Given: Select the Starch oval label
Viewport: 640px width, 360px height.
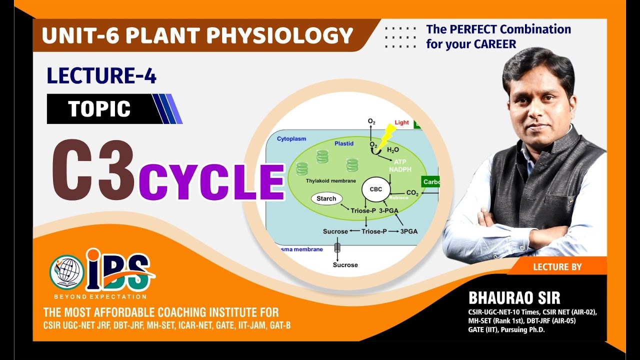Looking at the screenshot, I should [x=326, y=198].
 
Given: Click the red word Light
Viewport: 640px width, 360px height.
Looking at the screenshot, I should [x=401, y=122].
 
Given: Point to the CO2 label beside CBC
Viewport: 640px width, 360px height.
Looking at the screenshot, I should [x=412, y=193].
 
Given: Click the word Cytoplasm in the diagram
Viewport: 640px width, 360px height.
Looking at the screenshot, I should [x=291, y=138].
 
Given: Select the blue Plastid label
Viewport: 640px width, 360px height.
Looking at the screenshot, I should [x=344, y=143].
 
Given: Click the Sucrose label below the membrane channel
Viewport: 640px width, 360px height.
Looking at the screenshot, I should [x=345, y=264].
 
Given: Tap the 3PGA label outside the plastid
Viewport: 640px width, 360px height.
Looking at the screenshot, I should [x=409, y=231].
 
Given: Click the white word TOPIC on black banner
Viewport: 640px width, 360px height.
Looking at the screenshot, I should [x=99, y=109].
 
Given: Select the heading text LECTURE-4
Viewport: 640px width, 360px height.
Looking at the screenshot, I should [x=101, y=76].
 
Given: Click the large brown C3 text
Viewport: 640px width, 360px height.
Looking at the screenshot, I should [x=93, y=170].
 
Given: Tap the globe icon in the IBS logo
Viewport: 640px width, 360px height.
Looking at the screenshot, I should [x=66, y=271].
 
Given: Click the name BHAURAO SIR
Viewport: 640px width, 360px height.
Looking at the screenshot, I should [x=514, y=297].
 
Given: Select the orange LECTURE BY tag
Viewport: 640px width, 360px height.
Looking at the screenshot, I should [x=557, y=267].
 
